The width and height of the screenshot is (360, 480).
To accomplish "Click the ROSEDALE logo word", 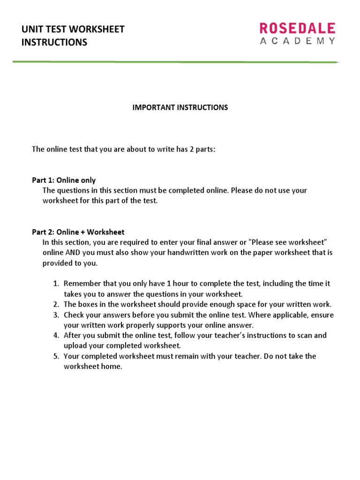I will click(298, 28).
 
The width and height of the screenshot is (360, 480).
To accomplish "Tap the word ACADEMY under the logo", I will click(298, 41).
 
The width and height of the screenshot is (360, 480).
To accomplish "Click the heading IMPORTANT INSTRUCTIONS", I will click(180, 107).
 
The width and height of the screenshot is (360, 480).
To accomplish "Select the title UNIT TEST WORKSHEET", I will click(73, 30).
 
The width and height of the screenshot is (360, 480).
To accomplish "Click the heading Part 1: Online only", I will click(64, 180).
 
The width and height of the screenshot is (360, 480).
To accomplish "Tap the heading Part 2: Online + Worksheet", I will click(78, 232).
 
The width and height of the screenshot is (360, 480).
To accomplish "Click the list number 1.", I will click(55, 284).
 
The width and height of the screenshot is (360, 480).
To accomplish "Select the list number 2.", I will click(55, 304).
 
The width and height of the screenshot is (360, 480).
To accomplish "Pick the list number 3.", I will click(55, 315).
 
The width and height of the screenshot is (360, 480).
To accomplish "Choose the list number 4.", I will click(55, 335).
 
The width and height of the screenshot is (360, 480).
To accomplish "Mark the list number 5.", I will click(55, 356).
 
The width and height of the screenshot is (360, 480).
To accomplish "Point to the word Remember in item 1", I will click(80, 284).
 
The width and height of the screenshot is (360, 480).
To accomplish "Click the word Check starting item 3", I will click(74, 315).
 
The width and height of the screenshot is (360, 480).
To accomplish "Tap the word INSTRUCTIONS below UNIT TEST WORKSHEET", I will click(54, 42).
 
